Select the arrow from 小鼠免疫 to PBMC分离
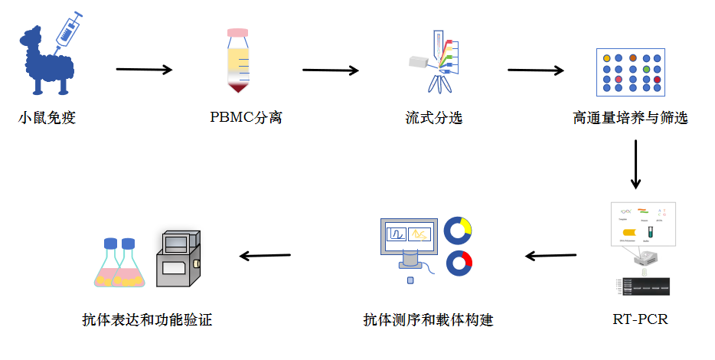click(x=144, y=70)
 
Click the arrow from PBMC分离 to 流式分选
click(x=331, y=70)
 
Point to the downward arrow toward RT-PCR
click(x=635, y=165)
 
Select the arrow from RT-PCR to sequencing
click(x=550, y=255)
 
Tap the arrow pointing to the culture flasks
click(x=265, y=255)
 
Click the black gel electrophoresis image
click(x=643, y=286)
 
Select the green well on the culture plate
click(x=646, y=69)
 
